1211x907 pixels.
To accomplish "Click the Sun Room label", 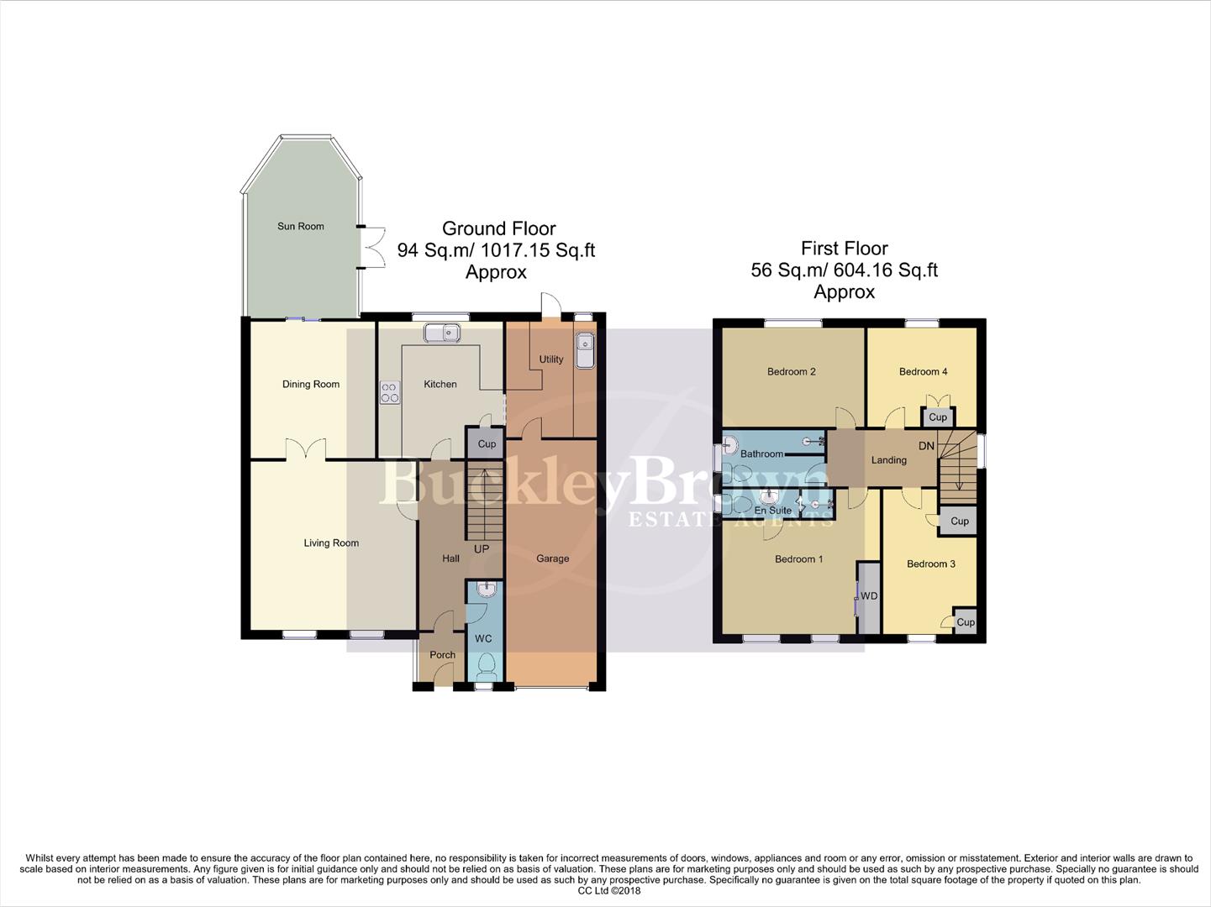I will tap(301, 226).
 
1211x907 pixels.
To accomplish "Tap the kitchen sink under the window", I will tap(444, 333).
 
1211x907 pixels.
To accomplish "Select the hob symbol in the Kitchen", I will tap(390, 392).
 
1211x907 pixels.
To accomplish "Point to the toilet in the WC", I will tap(485, 668).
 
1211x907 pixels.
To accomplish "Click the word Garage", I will tap(552, 558).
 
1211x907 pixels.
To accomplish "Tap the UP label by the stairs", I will tap(482, 549).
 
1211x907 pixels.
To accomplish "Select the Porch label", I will tap(442, 655).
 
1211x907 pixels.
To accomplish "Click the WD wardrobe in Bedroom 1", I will tap(869, 596).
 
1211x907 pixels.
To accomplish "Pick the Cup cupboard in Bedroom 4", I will tap(938, 417).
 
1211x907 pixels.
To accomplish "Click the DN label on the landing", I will tap(926, 446).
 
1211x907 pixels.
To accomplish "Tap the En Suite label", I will tap(772, 510).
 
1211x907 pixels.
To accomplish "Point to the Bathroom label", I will tap(761, 453).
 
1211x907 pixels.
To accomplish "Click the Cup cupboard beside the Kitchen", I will tap(487, 443).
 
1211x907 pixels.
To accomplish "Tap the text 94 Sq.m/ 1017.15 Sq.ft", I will tap(496, 250).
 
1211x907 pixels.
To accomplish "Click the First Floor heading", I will tap(844, 249).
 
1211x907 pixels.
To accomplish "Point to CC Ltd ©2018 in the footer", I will tap(609, 891).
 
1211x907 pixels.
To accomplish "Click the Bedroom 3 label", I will tap(930, 564).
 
